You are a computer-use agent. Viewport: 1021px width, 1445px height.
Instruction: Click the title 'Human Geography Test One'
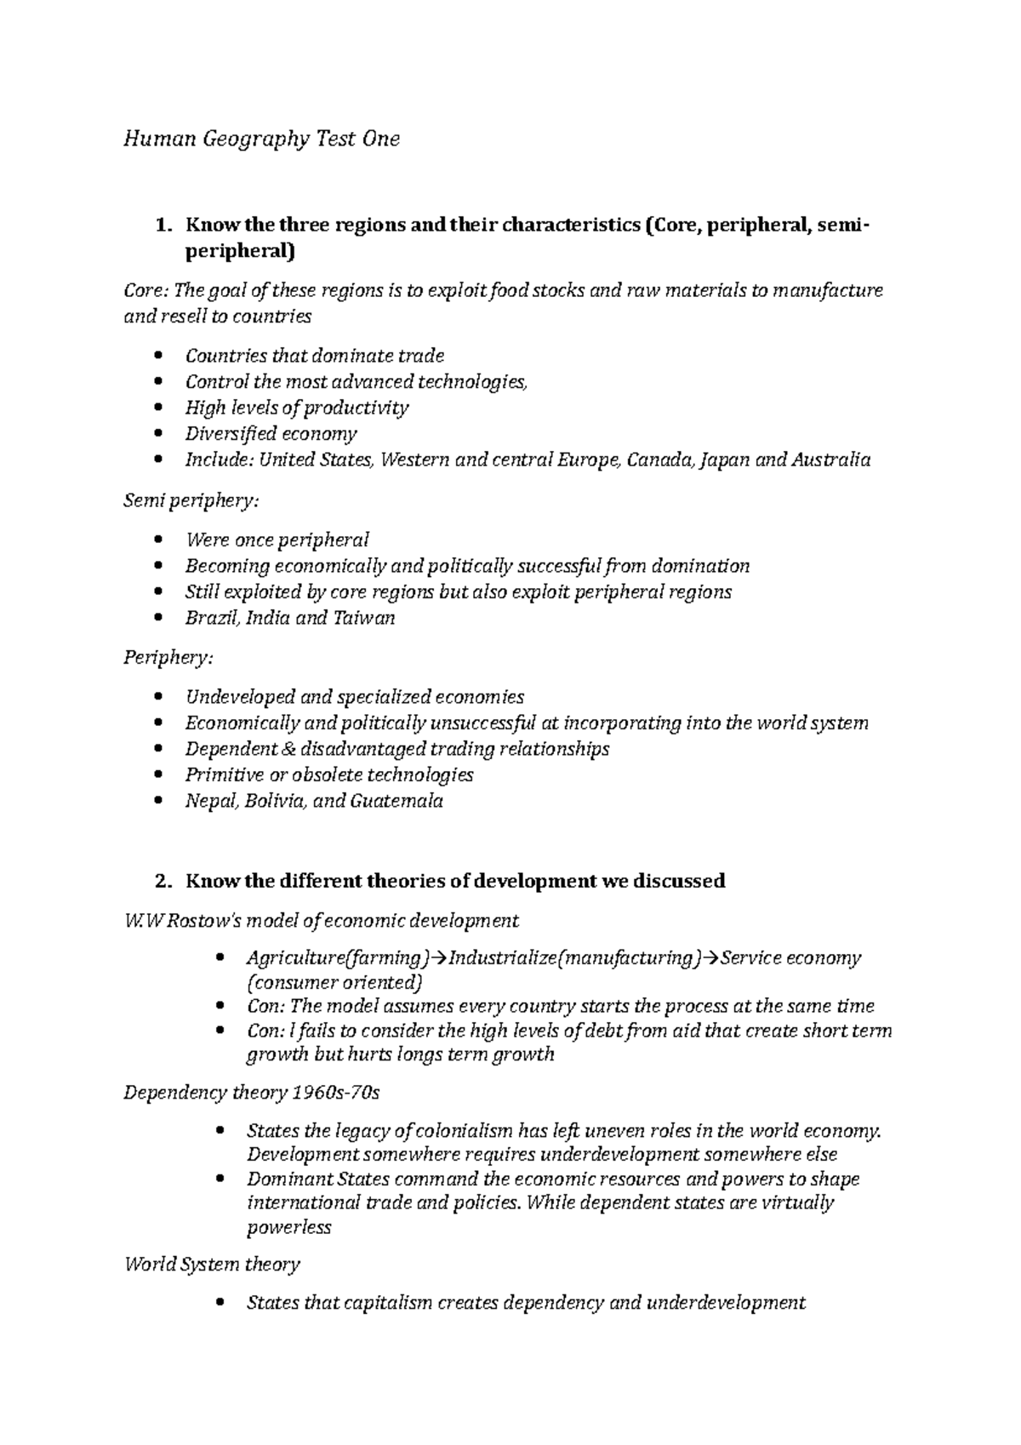click(261, 139)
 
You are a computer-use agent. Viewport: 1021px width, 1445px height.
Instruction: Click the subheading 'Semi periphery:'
click(191, 500)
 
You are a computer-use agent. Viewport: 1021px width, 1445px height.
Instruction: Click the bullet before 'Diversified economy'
click(159, 435)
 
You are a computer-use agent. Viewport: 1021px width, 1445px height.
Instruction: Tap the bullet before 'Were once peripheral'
click(159, 540)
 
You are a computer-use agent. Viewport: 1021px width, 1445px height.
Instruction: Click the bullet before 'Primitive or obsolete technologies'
click(159, 775)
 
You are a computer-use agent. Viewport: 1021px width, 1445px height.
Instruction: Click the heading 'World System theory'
click(212, 1264)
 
